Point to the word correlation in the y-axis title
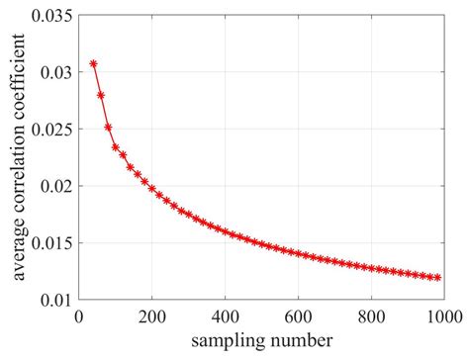[x=21, y=162]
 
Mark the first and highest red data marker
[x=93, y=64]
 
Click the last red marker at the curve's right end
[x=437, y=278]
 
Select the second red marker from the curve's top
[x=101, y=95]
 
